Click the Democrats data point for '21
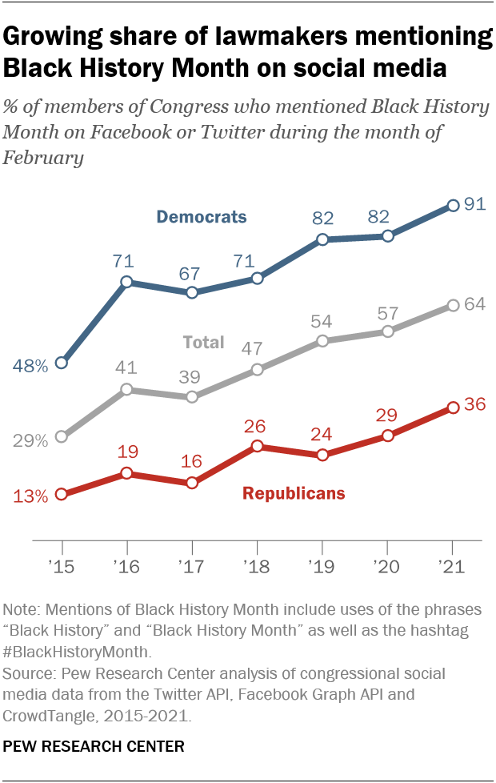(x=453, y=206)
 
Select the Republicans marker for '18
(x=257, y=446)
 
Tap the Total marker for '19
(x=322, y=341)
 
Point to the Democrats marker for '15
(x=62, y=363)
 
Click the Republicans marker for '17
(x=192, y=483)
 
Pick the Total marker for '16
(x=126, y=389)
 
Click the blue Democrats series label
(x=202, y=216)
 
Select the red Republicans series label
(x=294, y=493)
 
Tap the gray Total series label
(x=203, y=343)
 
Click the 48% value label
(x=30, y=366)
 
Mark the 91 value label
(x=476, y=205)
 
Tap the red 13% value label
(x=30, y=496)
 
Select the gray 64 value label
(x=476, y=304)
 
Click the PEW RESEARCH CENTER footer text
(x=94, y=746)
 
